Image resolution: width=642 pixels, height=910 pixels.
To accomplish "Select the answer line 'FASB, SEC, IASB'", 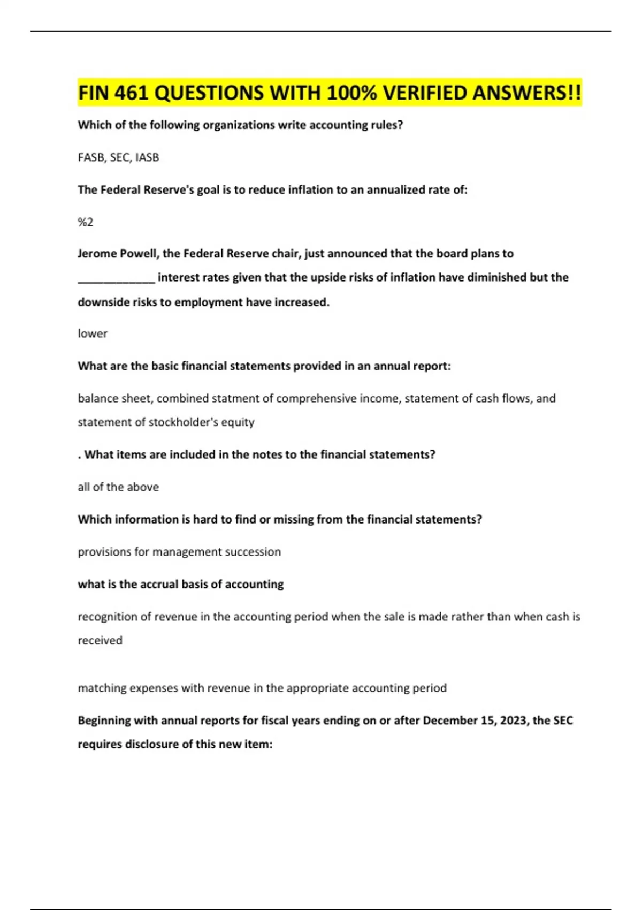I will pos(118,157).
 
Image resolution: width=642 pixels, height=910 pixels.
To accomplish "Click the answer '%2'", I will pos(86,222).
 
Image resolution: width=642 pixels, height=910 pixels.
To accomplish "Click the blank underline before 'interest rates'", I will pos(116,278).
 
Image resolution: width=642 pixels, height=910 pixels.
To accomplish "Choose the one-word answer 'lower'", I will pos(93,333).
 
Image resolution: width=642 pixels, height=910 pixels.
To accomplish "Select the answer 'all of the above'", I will pos(118,487).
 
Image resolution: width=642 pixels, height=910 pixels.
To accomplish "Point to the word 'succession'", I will pos(253,552).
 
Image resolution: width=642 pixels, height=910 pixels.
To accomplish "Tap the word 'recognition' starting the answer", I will pos(107,617).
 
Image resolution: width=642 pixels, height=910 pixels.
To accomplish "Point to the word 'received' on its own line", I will pos(100,641).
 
